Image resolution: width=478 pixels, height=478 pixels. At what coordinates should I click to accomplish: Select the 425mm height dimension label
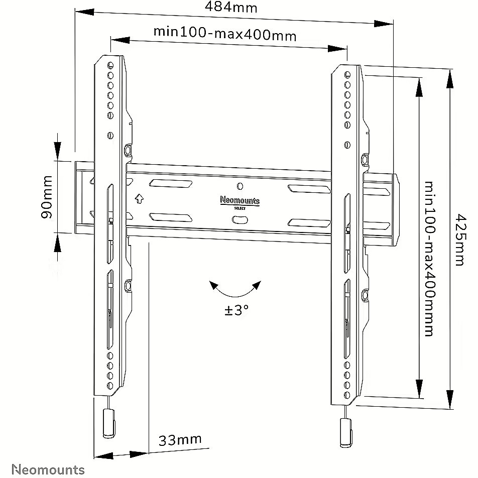click(x=460, y=240)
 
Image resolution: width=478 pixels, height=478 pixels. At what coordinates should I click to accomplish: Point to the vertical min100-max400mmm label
click(x=429, y=259)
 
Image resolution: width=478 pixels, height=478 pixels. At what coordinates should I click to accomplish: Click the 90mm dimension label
click(x=47, y=197)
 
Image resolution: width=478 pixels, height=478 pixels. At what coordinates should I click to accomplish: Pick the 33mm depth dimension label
click(x=180, y=440)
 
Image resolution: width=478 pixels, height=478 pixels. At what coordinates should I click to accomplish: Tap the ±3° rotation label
click(x=236, y=310)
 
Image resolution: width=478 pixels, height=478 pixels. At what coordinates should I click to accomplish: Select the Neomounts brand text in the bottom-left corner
click(x=48, y=469)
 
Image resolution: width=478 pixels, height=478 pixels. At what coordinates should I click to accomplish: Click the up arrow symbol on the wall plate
click(x=139, y=199)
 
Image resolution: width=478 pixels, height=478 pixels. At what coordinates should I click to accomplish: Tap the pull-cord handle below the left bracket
click(x=109, y=423)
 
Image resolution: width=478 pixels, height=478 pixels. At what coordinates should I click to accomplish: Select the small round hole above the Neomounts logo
click(x=240, y=186)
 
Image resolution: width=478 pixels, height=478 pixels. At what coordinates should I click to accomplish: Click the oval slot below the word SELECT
click(x=240, y=220)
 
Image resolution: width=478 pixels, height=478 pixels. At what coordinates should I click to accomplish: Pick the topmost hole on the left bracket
click(x=110, y=65)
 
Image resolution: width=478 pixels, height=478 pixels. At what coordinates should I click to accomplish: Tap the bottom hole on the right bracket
click(x=347, y=395)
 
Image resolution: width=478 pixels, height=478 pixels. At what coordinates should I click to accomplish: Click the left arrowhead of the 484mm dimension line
click(x=84, y=12)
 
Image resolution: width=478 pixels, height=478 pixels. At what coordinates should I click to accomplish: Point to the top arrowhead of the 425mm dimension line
click(x=450, y=79)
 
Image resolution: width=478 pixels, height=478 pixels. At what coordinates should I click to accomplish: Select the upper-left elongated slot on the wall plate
click(x=171, y=184)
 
